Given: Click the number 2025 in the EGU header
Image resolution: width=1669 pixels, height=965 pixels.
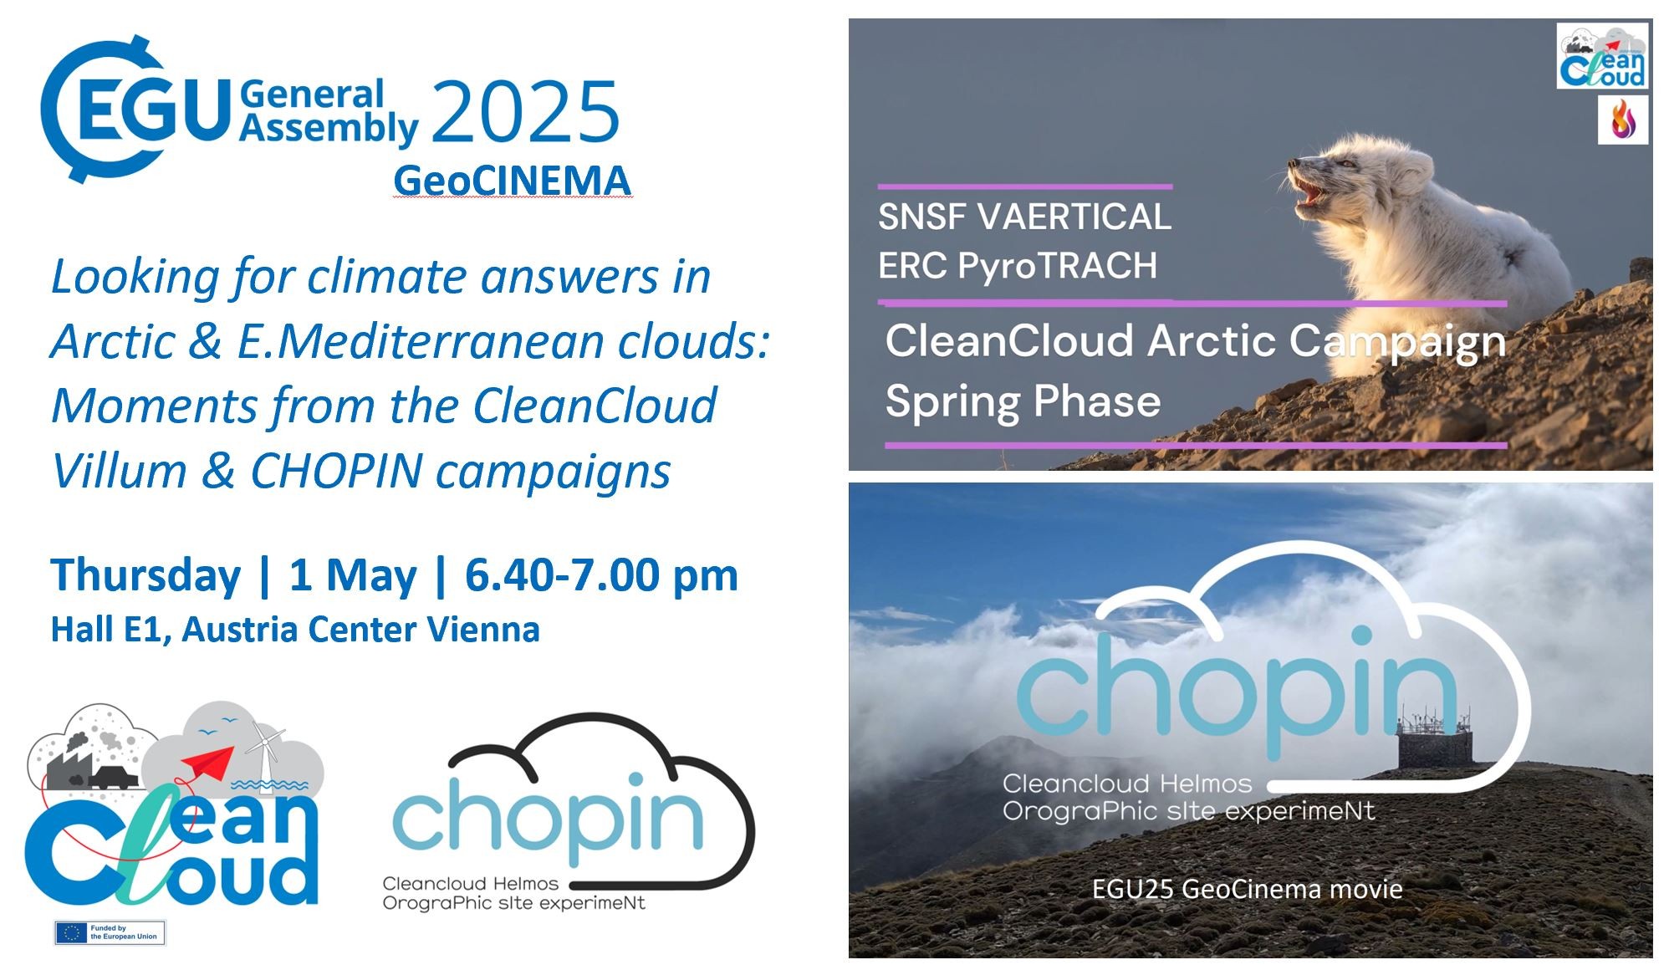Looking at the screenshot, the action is tap(525, 112).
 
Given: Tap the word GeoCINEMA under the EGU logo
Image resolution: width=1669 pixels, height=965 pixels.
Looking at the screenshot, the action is tap(512, 181).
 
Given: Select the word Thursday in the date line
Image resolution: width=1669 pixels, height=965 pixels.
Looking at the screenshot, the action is tap(146, 576).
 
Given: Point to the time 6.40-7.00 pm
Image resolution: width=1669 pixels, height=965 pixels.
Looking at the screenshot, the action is tap(601, 575).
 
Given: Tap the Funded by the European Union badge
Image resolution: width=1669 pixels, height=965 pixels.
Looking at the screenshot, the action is tap(110, 932).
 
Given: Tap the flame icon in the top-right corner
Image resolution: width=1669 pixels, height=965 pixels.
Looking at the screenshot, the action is tap(1622, 120).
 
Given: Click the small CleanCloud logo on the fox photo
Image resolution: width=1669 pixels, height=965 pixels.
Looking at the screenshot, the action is tap(1602, 56).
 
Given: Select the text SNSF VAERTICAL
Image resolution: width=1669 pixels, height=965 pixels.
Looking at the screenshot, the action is tap(1024, 217).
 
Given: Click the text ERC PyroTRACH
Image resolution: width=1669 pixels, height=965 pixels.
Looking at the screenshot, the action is tap(1018, 266).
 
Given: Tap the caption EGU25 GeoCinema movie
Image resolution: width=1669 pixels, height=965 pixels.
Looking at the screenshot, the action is tap(1247, 888).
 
